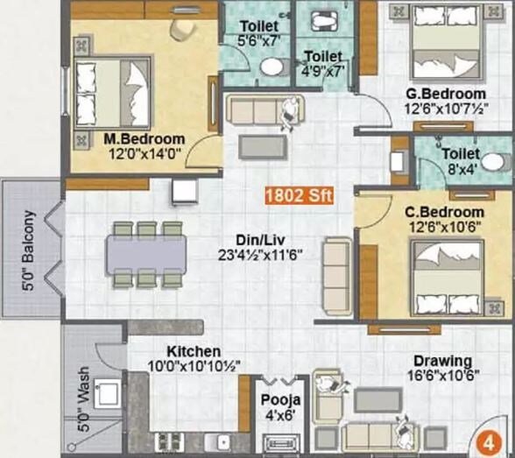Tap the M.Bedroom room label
click(145, 139)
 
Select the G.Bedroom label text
click(445, 94)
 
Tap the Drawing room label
click(443, 361)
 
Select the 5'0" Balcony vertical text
click(29, 250)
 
